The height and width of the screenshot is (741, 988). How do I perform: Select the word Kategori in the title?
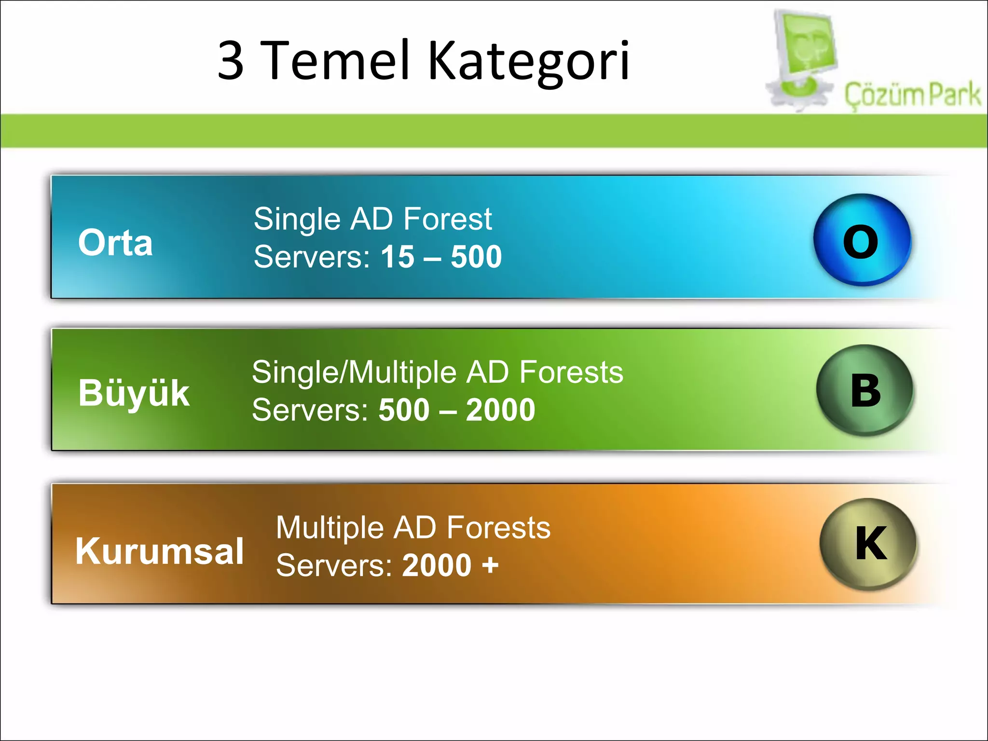point(529,62)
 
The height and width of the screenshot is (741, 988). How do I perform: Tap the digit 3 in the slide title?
point(231,61)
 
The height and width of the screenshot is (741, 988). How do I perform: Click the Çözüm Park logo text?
point(912,95)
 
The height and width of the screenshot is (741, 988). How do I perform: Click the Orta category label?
point(115,242)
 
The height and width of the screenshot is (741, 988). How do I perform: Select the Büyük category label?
point(134,393)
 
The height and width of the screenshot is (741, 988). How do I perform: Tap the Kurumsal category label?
point(159,551)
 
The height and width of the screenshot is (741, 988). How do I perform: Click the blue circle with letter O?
point(862,240)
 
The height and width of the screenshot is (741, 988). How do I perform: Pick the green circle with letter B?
point(864,390)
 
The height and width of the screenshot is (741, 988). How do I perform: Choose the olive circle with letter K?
point(868,544)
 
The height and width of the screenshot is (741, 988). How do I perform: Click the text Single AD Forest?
point(372,219)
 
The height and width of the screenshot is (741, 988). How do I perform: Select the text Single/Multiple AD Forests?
point(437,372)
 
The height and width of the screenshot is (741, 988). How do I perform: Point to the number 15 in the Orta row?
point(398,257)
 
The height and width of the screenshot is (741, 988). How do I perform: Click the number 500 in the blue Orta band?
point(476,257)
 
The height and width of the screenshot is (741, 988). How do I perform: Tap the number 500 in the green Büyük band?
point(404,410)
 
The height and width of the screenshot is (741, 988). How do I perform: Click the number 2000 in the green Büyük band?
point(500,410)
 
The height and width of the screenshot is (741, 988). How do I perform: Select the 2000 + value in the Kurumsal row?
point(450,565)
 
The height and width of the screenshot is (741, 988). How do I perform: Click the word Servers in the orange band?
point(332,565)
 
